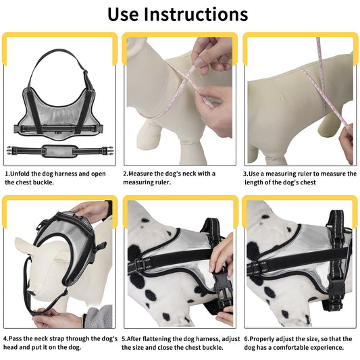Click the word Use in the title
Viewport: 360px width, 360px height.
[x=132, y=14]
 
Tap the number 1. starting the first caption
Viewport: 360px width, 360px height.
[x=7, y=174]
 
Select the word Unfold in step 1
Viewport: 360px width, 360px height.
[x=24, y=174]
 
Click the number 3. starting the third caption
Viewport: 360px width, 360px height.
[x=247, y=174]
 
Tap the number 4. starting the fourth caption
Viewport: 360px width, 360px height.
[x=7, y=338]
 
